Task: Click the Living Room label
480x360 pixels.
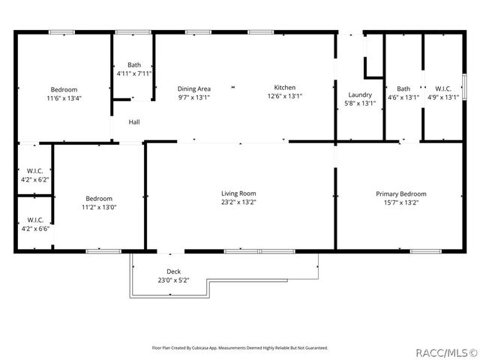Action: pos(238,193)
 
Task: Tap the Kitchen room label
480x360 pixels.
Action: pos(284,88)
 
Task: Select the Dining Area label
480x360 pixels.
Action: pos(193,88)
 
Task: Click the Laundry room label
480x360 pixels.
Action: pos(360,94)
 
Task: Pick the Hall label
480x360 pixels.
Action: pos(133,121)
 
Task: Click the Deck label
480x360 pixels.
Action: pos(173,271)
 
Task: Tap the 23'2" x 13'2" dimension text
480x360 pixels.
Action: pos(238,202)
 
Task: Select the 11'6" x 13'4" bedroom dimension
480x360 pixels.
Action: pos(64,97)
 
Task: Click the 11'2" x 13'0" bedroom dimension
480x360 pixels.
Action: pos(99,207)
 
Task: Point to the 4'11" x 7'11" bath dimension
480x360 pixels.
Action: pos(134,73)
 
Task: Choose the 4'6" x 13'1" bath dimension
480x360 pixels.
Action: pos(403,97)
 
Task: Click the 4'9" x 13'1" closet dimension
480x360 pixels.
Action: pos(442,97)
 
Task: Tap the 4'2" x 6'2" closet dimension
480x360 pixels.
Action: pos(34,180)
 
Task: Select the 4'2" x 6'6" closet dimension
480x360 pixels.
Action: pos(34,228)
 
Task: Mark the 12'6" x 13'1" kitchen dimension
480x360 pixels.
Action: pos(284,97)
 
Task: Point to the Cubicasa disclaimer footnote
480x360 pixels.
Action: pos(240,347)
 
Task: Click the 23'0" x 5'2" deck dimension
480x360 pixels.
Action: pos(173,280)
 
